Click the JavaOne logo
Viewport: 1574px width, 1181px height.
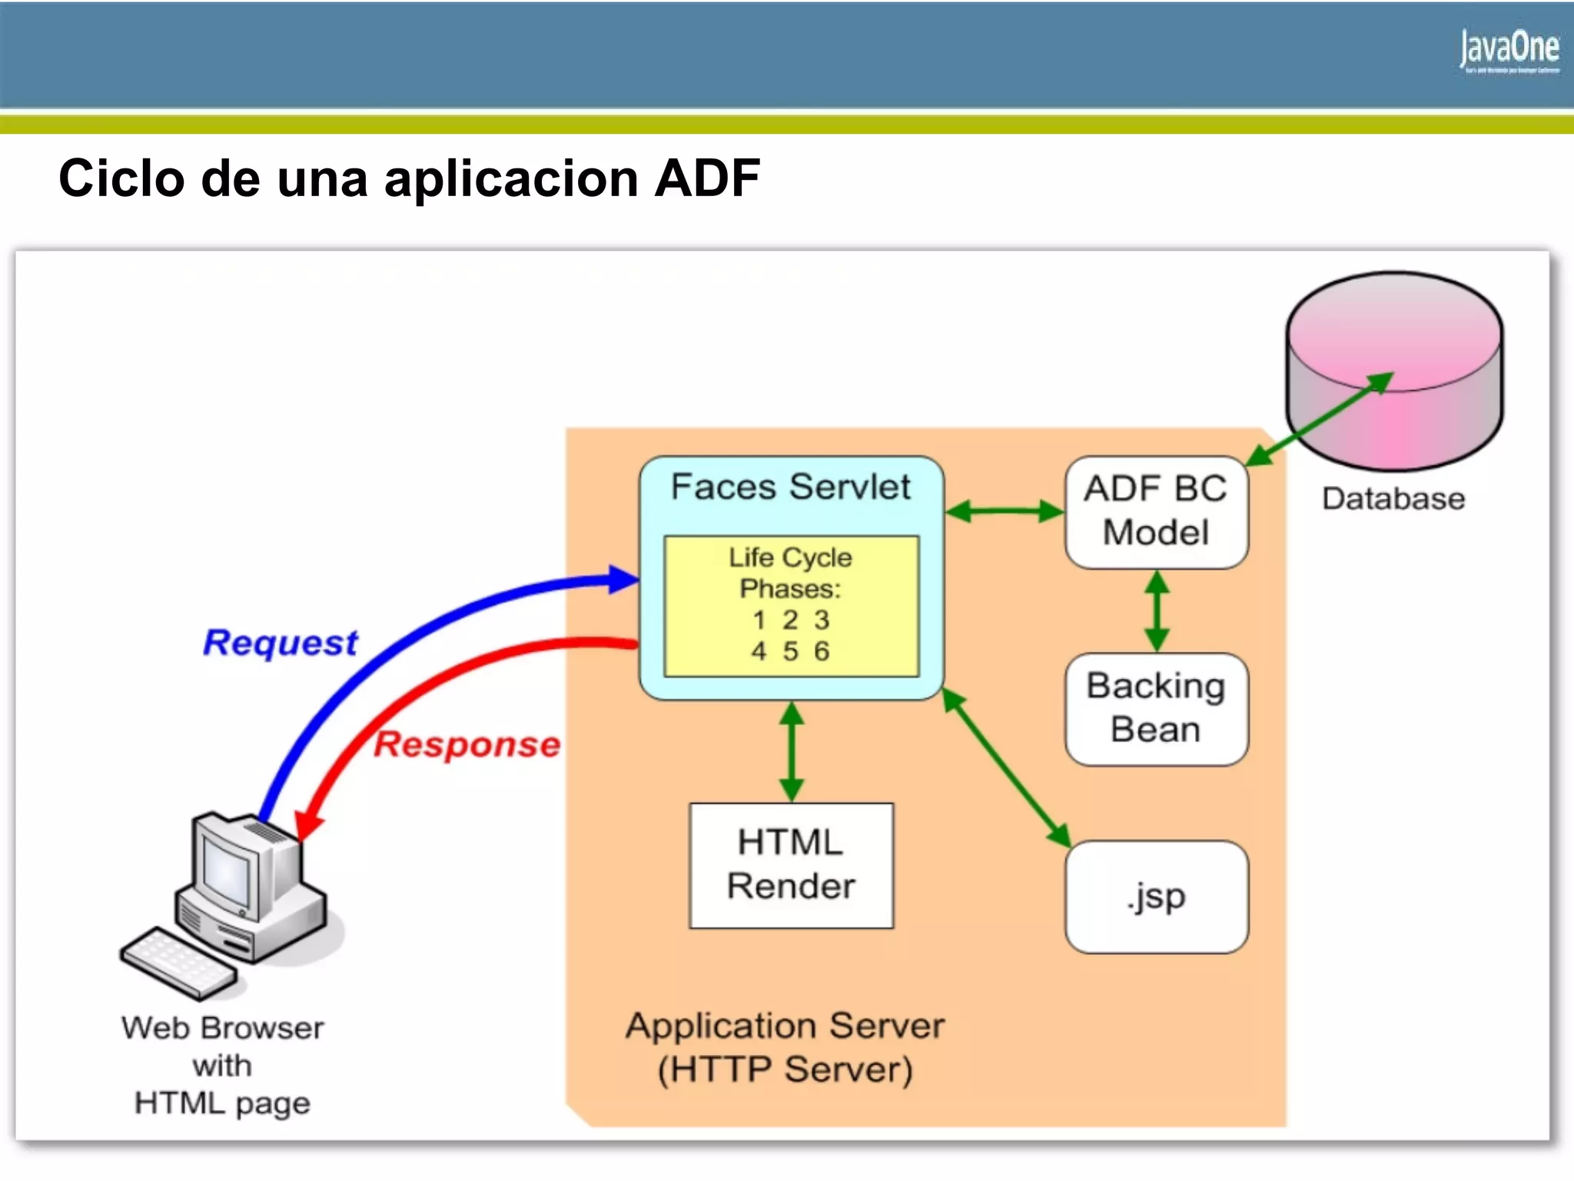(x=1509, y=50)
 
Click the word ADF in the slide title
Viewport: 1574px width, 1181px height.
(x=707, y=178)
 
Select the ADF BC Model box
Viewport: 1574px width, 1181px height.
(x=1156, y=511)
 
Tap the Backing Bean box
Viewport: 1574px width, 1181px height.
(x=1156, y=708)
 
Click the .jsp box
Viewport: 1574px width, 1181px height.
(x=1156, y=897)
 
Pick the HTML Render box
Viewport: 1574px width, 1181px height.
(x=791, y=865)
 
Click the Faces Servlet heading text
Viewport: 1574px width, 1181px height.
(x=790, y=487)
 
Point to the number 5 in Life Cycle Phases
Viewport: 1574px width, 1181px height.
(x=790, y=651)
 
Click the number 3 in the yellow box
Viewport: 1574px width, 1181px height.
(x=822, y=620)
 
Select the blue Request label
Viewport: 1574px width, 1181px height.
(x=281, y=643)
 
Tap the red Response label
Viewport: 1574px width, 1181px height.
(x=467, y=745)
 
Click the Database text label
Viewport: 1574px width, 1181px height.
(x=1393, y=499)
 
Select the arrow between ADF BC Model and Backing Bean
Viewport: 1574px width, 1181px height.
(x=1157, y=611)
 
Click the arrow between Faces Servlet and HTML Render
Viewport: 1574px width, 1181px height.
(x=791, y=751)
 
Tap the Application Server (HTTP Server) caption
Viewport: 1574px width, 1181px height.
(x=785, y=1047)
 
